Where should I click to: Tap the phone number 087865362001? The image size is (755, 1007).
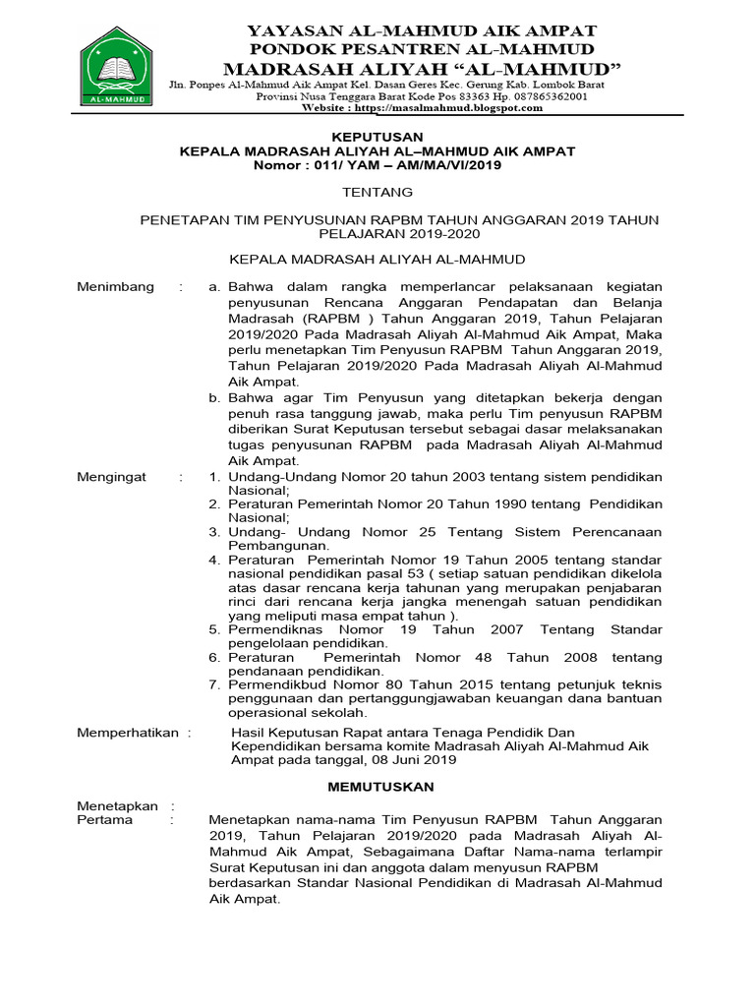pyautogui.click(x=546, y=97)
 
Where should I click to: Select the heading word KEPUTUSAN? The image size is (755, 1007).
pyautogui.click(x=377, y=137)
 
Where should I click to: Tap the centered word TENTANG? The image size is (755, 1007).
pyautogui.click(x=377, y=193)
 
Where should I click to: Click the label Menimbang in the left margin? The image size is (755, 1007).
pyautogui.click(x=116, y=287)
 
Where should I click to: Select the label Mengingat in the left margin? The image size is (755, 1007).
pyautogui.click(x=112, y=477)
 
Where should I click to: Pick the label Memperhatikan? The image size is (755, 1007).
pyautogui.click(x=128, y=733)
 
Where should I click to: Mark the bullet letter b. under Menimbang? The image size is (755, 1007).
pyautogui.click(x=213, y=398)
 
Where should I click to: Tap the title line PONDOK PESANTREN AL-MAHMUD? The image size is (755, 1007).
pyautogui.click(x=421, y=49)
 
